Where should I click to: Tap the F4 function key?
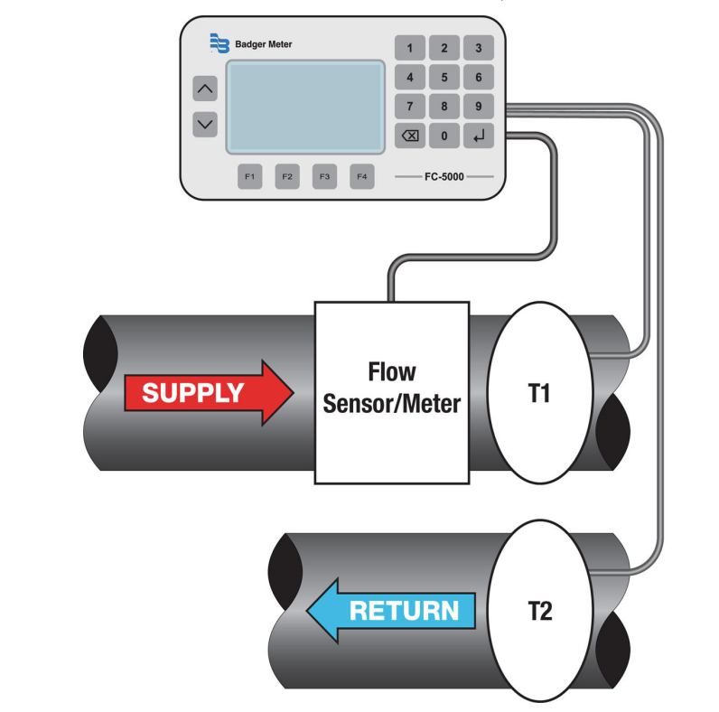(x=361, y=176)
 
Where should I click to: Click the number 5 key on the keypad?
(x=444, y=78)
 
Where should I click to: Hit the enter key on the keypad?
(x=478, y=136)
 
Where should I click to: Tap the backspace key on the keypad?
(x=410, y=136)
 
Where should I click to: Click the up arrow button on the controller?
(x=206, y=89)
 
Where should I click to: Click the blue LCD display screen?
(x=305, y=106)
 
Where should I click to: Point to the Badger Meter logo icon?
(x=219, y=43)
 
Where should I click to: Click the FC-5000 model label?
(x=444, y=176)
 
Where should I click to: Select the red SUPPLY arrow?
(x=206, y=392)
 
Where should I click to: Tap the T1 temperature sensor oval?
(x=539, y=395)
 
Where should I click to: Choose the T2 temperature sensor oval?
(x=539, y=612)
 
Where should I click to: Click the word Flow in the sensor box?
(x=391, y=371)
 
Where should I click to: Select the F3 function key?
(x=323, y=176)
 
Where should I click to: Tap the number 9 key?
(x=478, y=107)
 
